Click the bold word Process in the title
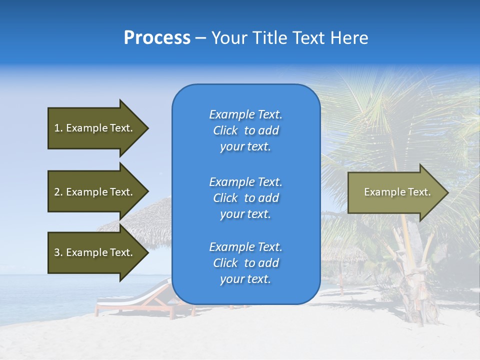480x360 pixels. click(x=157, y=38)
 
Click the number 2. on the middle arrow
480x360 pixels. click(x=58, y=192)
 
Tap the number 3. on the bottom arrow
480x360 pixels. click(x=58, y=252)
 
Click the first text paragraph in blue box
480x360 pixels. click(x=245, y=130)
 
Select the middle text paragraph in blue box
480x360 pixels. click(x=245, y=198)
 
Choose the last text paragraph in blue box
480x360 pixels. click(x=245, y=263)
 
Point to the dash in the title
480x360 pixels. click(x=200, y=38)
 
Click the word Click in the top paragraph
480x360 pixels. click(x=225, y=130)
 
